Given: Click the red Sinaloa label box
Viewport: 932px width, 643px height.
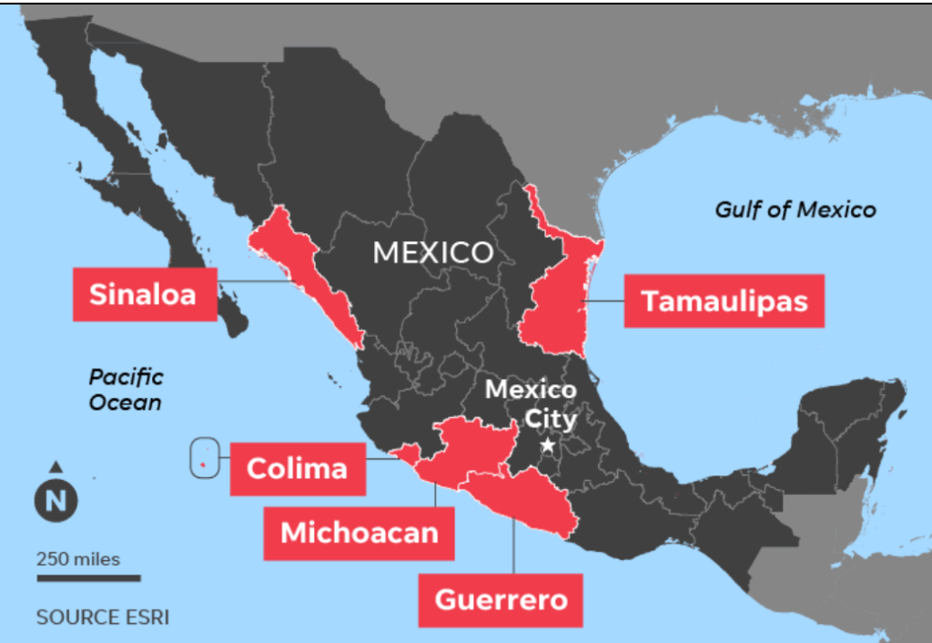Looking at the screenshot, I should click(145, 294).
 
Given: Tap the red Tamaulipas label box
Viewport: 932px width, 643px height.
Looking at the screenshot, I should click(724, 301).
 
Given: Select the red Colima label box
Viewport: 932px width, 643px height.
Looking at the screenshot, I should click(297, 468).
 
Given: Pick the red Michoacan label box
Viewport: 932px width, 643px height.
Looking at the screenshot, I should click(359, 532).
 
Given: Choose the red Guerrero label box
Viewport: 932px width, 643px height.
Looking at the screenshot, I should click(500, 599).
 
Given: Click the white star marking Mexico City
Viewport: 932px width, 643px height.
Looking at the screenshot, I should click(548, 445).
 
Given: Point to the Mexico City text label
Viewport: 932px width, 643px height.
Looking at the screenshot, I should click(531, 404).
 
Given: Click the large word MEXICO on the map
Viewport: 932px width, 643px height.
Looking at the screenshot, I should click(432, 252).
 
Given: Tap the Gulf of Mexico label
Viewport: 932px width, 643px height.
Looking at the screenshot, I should click(795, 210).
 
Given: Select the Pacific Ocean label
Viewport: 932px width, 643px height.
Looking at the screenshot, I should click(127, 389).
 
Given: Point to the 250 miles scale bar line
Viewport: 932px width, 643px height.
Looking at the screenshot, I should click(88, 577).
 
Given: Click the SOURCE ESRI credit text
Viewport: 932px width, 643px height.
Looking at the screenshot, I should click(102, 617).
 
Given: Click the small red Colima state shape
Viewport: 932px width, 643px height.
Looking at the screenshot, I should click(406, 453).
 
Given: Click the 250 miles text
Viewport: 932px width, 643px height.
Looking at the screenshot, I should click(78, 558).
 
